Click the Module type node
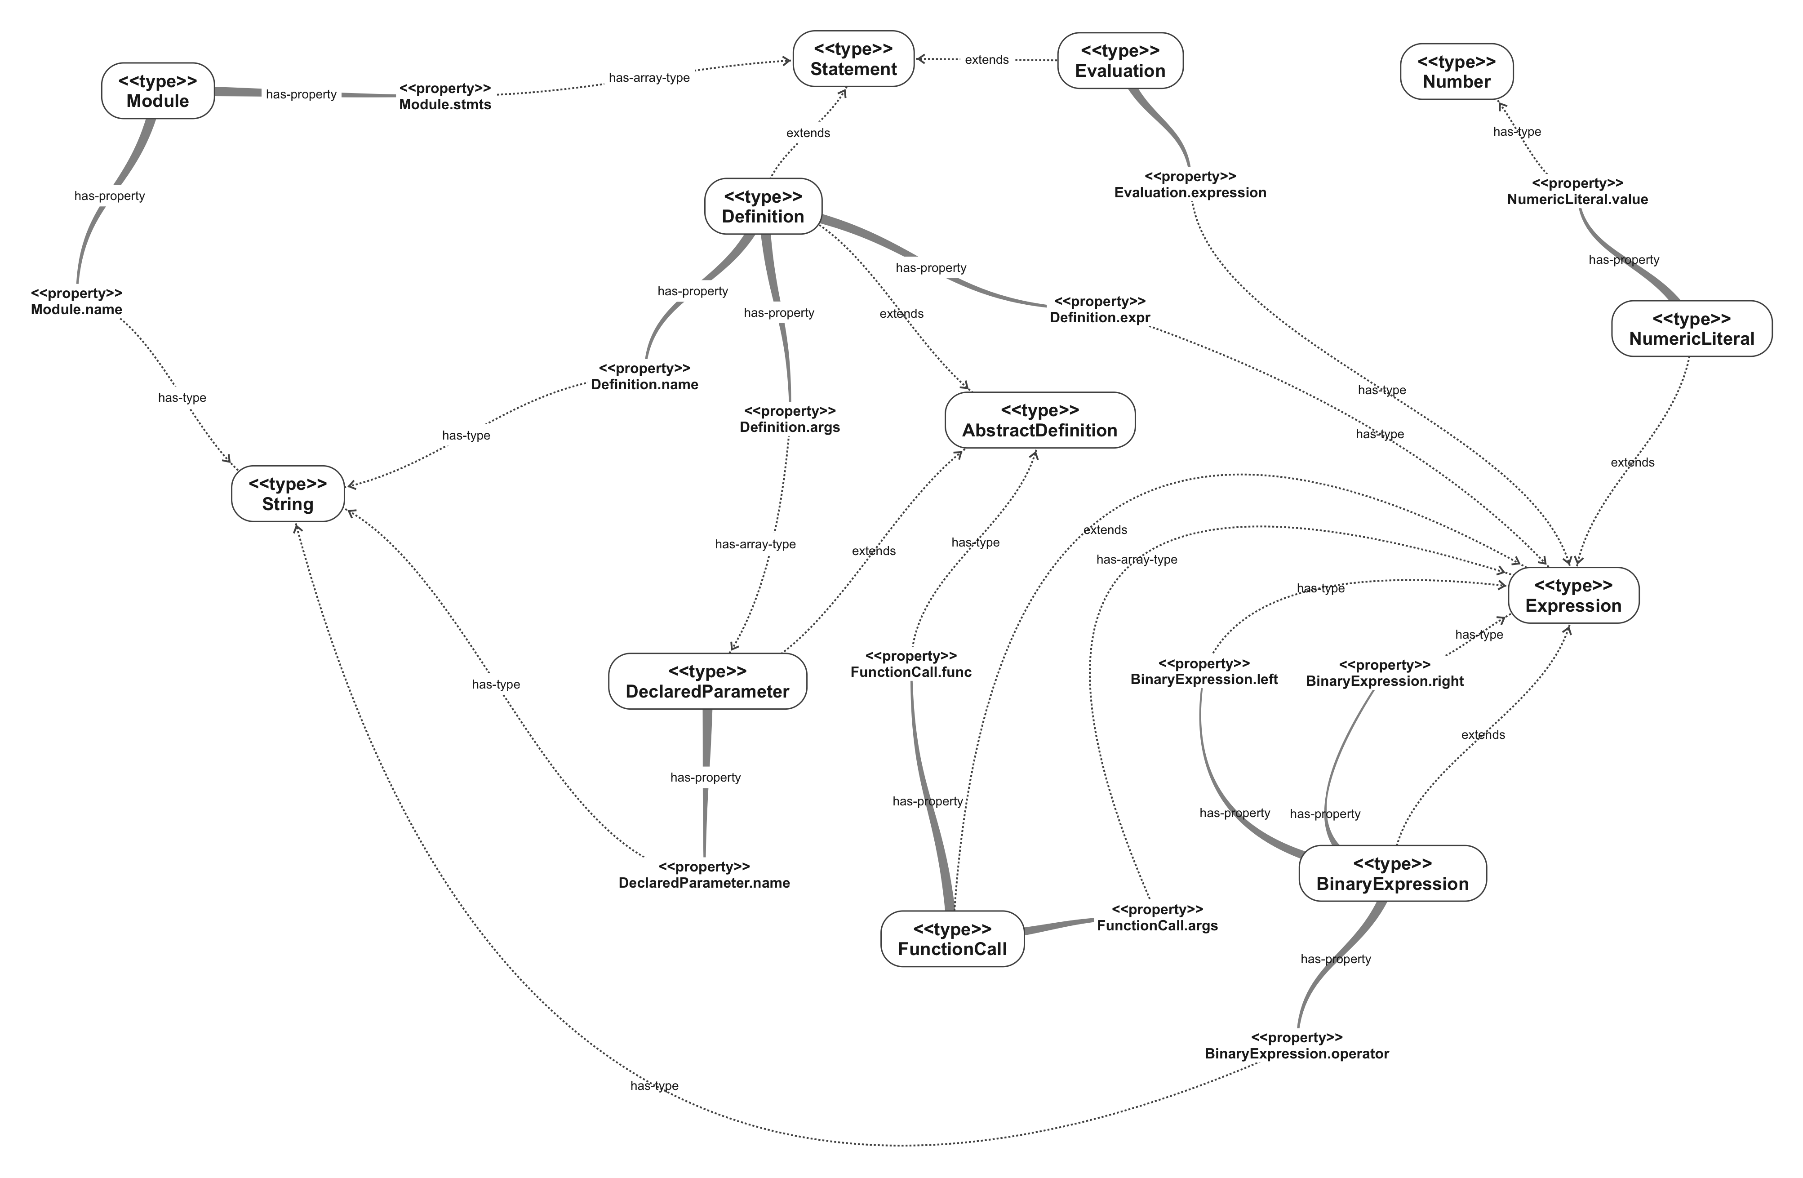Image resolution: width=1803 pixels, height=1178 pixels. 158,91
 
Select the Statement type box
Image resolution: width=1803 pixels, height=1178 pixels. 853,59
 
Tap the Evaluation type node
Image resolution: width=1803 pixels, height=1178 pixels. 1119,61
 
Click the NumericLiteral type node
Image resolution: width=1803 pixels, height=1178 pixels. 1691,329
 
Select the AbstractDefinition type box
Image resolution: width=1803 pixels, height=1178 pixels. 1039,420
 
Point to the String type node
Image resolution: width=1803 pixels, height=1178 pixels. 288,494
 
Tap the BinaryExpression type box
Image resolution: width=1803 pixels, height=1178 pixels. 1392,873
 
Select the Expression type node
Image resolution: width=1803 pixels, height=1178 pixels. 1573,596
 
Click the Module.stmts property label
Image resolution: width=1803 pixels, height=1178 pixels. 445,97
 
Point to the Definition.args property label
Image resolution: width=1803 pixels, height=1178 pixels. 790,419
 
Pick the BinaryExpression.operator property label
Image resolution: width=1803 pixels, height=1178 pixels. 1296,1045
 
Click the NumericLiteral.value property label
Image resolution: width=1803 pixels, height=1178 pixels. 1577,191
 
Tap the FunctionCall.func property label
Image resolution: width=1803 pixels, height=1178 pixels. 910,664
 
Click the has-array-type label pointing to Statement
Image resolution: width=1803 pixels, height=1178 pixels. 649,77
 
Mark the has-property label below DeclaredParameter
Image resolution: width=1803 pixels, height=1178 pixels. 705,777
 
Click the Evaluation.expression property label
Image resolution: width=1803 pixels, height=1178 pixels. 1190,185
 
